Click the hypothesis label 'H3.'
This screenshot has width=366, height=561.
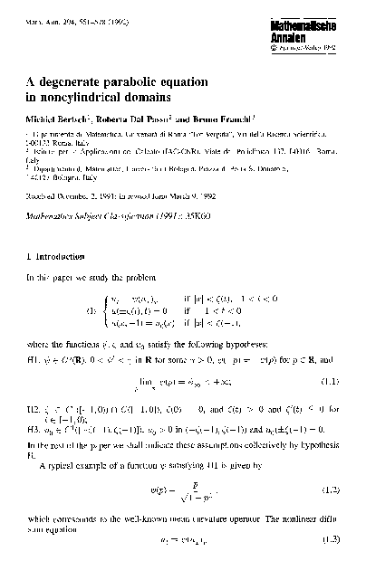[x=34, y=409]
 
